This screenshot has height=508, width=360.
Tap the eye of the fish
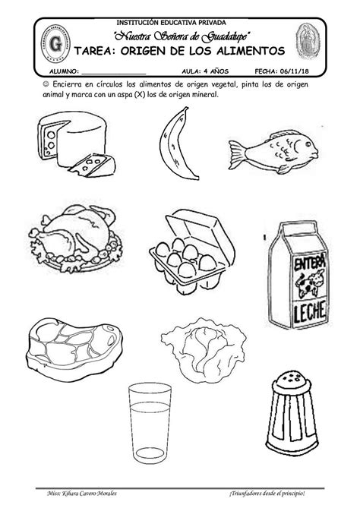tap(307, 144)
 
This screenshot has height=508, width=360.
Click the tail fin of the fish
tap(238, 155)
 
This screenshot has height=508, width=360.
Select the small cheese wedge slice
tap(93, 166)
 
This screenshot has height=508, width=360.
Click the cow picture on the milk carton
tap(309, 283)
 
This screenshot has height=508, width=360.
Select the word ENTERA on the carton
tap(309, 262)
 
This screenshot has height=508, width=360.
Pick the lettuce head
tap(204, 349)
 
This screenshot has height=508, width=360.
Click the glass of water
tap(150, 423)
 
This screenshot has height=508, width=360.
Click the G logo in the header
tap(55, 43)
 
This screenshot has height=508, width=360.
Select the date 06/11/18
tap(295, 71)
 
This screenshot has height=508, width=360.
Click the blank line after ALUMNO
tap(114, 74)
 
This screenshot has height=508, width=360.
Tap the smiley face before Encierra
tap(46, 84)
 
